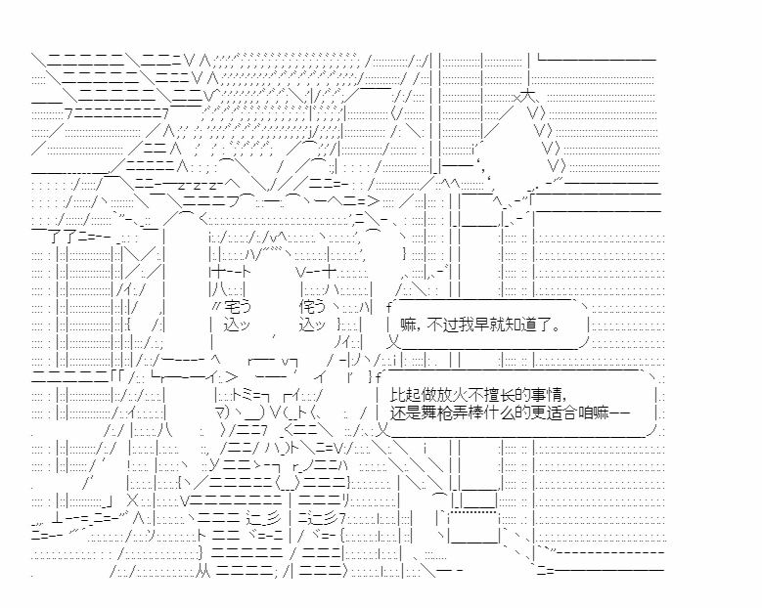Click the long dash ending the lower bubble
625,413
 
